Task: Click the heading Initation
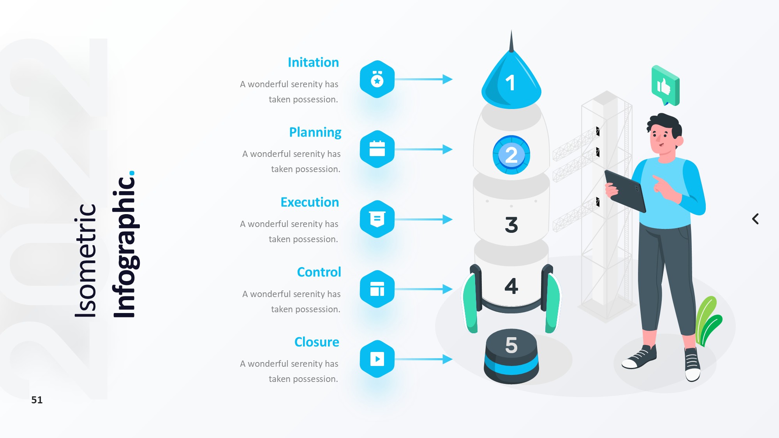pos(313,62)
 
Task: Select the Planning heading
pos(315,132)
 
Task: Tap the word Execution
pos(310,202)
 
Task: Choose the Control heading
pos(319,272)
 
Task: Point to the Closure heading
pos(317,342)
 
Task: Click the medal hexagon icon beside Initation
pos(377,79)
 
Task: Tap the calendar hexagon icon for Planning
pos(377,149)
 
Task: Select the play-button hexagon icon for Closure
pos(377,359)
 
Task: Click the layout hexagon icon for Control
pos(377,289)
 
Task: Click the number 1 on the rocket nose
pos(510,83)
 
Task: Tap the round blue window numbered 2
pos(511,155)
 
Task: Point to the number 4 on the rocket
pos(511,286)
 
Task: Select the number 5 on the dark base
pos(511,345)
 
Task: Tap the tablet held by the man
pos(625,191)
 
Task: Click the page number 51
pos(37,400)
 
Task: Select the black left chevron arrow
pos(755,219)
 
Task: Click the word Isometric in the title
pos(85,260)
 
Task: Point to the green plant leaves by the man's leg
pos(708,321)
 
